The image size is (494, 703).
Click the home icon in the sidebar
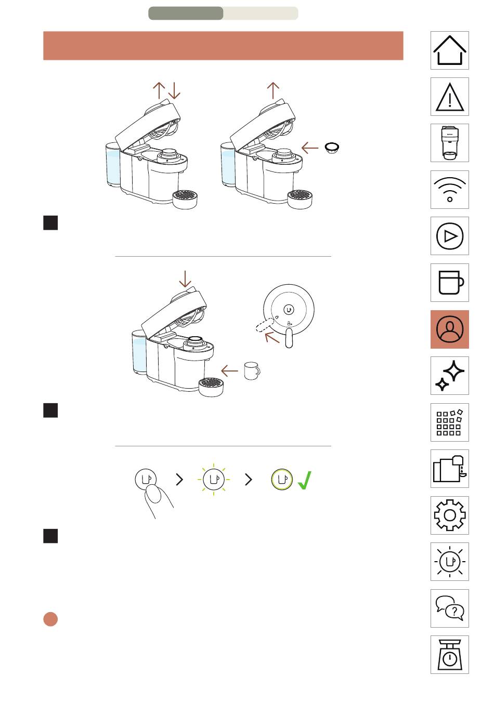[x=450, y=50]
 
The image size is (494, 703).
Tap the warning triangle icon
[x=450, y=97]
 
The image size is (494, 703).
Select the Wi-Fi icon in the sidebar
[x=450, y=190]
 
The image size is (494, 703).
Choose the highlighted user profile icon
[x=450, y=329]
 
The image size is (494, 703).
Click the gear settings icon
[x=450, y=515]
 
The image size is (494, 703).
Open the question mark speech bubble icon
[x=450, y=608]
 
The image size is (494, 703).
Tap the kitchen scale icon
[x=450, y=655]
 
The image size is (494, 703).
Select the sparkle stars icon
[x=450, y=376]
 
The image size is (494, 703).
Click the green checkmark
[x=305, y=480]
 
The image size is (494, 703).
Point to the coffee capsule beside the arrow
[x=332, y=148]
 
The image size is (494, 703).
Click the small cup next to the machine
[x=252, y=371]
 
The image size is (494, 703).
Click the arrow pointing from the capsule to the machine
[x=310, y=148]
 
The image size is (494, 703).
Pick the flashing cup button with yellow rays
[x=213, y=480]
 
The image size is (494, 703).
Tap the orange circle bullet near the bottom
[x=50, y=619]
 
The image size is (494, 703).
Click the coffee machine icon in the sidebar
[x=450, y=143]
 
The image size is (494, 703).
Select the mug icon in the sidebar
[x=450, y=283]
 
